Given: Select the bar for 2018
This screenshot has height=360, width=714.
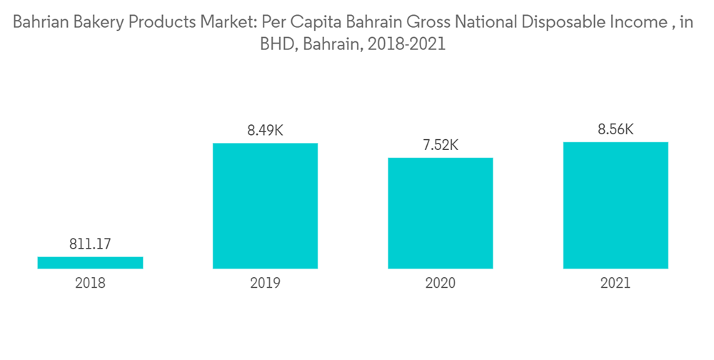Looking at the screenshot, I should click(90, 263).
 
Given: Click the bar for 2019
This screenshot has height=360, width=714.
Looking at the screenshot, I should click(265, 206).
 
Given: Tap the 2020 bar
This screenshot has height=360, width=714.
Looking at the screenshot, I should click(441, 213).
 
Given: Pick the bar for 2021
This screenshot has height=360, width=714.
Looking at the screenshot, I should click(615, 205).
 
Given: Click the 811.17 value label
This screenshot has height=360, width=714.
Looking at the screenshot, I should click(90, 244).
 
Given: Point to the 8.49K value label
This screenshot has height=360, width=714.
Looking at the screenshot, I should click(265, 131).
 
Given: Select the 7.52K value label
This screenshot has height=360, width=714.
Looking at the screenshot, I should click(441, 145).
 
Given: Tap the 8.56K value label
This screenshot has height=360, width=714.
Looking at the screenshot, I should click(615, 129).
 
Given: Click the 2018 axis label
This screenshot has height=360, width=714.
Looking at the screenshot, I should click(90, 283).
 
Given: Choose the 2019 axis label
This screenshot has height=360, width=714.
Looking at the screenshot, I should click(265, 283).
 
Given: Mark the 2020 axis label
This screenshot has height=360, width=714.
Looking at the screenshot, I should click(441, 283).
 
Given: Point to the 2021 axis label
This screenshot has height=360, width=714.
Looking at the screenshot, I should click(615, 283).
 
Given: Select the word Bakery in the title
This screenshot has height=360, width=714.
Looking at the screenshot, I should click(99, 23).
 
